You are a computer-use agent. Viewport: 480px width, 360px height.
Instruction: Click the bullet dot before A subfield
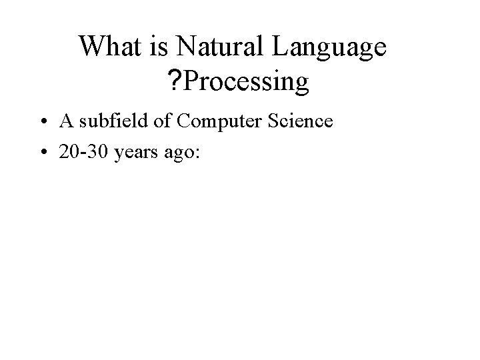41,123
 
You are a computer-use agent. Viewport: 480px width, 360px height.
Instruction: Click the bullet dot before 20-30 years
41,153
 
